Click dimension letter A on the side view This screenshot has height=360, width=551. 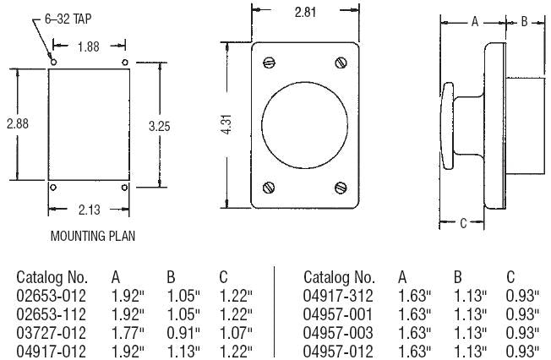[x=474, y=22]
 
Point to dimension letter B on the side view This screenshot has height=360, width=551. [x=523, y=22]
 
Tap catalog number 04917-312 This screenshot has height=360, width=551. [x=336, y=296]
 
